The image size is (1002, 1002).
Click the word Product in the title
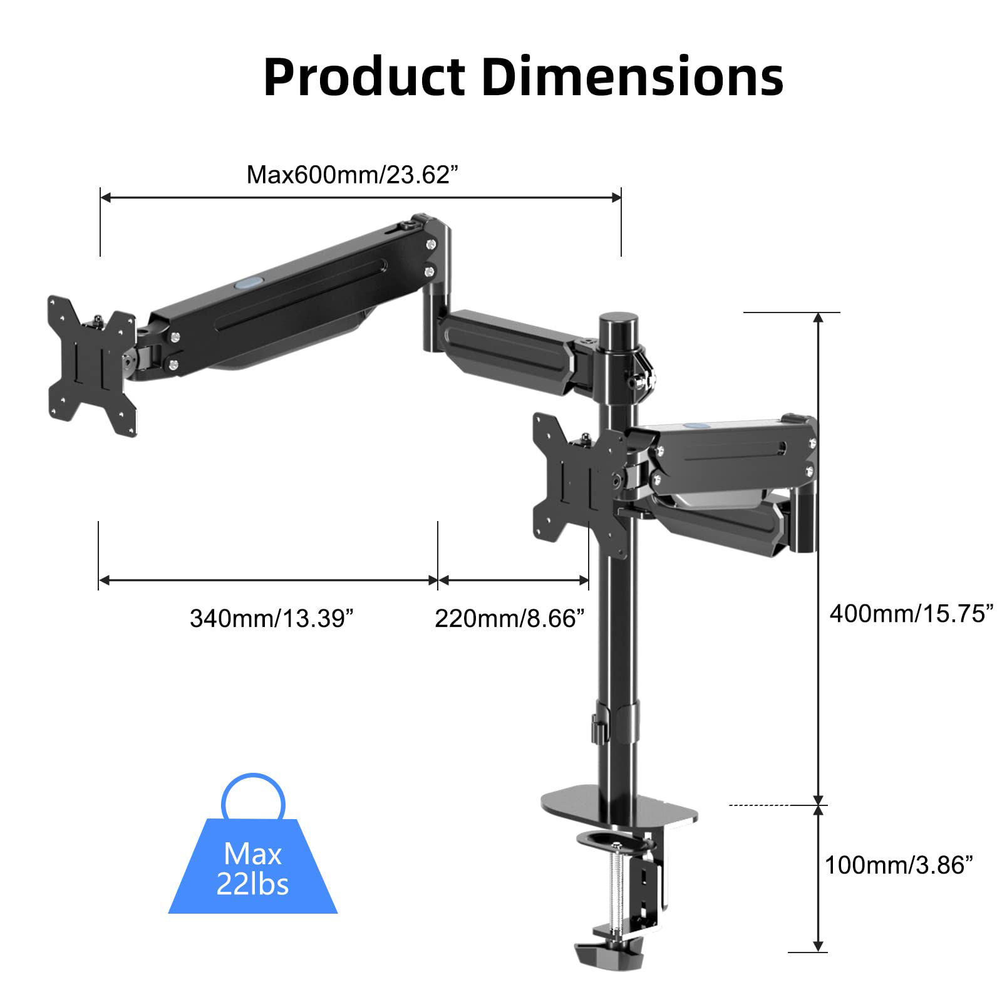364,78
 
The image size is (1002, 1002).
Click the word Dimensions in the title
633,78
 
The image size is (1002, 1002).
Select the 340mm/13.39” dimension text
272,619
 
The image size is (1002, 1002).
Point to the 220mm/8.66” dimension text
509,619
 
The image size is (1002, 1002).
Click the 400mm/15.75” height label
911,613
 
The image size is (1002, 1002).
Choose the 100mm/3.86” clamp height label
899,865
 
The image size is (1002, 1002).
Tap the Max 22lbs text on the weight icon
252,869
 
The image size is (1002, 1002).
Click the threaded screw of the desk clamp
618,889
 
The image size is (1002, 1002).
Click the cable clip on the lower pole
597,730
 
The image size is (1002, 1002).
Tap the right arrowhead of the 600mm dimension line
616,197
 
